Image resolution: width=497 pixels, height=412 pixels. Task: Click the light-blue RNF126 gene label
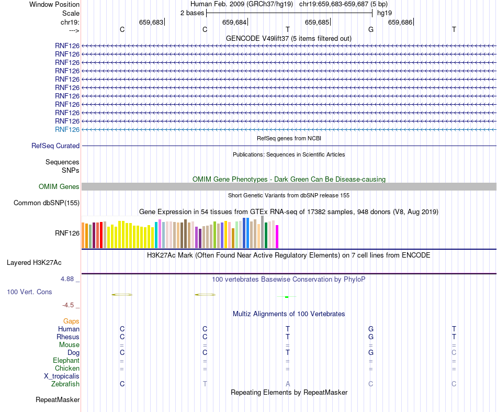(67, 129)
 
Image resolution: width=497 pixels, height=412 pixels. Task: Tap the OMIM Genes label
(59, 187)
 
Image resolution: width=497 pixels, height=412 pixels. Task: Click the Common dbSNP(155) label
(47, 203)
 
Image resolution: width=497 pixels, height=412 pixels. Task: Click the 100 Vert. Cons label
(29, 292)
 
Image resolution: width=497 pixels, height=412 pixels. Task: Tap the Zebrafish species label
(65, 384)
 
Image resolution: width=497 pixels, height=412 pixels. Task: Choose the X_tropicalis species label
(62, 376)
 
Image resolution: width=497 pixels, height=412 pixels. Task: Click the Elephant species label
(66, 361)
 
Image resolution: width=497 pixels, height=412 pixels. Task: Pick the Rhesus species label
(69, 337)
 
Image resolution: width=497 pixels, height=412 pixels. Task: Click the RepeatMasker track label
(58, 400)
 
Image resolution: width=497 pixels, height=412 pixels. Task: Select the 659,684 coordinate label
(234, 23)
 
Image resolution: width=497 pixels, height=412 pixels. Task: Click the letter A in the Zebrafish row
(288, 384)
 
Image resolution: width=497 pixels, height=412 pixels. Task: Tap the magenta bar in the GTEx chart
(277, 236)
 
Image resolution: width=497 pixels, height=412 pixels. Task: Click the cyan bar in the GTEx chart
(156, 235)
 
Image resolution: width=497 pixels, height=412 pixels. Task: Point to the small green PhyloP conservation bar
(287, 297)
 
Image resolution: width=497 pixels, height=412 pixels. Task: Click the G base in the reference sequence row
(371, 30)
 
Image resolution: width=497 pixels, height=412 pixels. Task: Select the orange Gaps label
(71, 321)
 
